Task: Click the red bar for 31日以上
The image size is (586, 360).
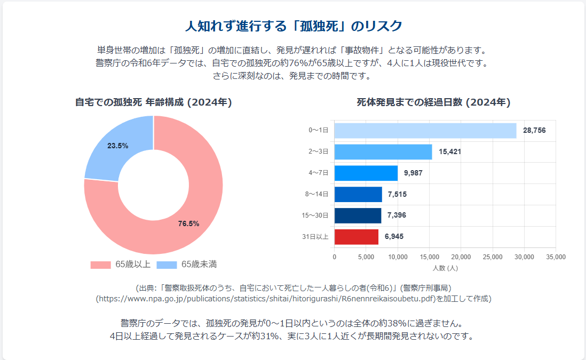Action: [x=356, y=237]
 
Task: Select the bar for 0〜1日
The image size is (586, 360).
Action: [x=425, y=131]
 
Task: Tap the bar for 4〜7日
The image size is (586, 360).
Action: [x=366, y=173]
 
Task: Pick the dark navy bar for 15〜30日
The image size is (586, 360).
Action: [x=358, y=215]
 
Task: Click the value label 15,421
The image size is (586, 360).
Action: [x=450, y=152]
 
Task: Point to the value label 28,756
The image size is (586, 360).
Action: [x=534, y=131]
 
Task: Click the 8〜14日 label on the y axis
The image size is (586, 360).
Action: [x=316, y=194]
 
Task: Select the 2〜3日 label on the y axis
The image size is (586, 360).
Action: [x=319, y=152]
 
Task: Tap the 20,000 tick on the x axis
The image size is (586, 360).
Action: [x=461, y=257]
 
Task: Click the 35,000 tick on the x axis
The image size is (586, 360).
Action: [x=556, y=257]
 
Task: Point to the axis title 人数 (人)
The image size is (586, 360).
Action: [x=445, y=267]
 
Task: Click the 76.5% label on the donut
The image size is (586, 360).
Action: [x=188, y=224]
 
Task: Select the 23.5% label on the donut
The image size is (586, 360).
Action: [x=118, y=146]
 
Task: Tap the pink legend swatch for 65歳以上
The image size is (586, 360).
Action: [x=100, y=265]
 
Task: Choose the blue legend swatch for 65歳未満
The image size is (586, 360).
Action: [x=167, y=265]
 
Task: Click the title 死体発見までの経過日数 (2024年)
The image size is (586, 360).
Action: [x=433, y=102]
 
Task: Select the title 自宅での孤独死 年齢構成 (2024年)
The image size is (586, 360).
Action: [x=154, y=102]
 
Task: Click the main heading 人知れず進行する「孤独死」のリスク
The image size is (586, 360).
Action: [x=293, y=26]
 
